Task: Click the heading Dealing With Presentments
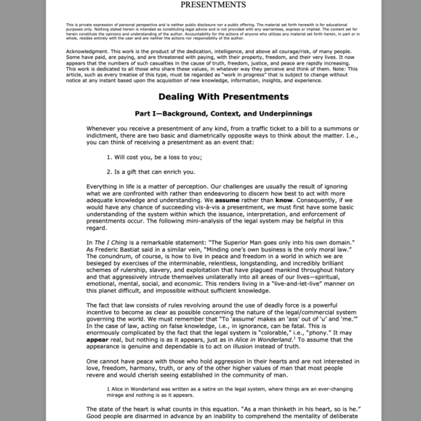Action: click(213, 97)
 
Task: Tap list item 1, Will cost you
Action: click(155, 156)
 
